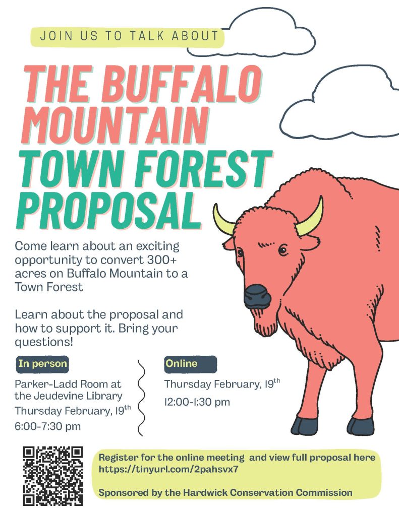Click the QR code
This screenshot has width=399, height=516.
tap(53, 476)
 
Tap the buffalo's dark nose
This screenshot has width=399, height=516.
tap(257, 295)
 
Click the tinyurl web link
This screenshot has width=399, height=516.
tap(168, 469)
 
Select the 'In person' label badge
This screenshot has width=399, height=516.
tap(42, 364)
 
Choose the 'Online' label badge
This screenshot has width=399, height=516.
tap(191, 364)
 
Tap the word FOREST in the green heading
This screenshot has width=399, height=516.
tap(204, 168)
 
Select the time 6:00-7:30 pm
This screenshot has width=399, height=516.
tap(48, 426)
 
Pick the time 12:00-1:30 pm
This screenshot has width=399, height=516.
tap(197, 402)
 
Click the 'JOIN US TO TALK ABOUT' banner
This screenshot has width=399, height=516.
tap(128, 36)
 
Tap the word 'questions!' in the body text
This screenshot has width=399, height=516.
tap(43, 342)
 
